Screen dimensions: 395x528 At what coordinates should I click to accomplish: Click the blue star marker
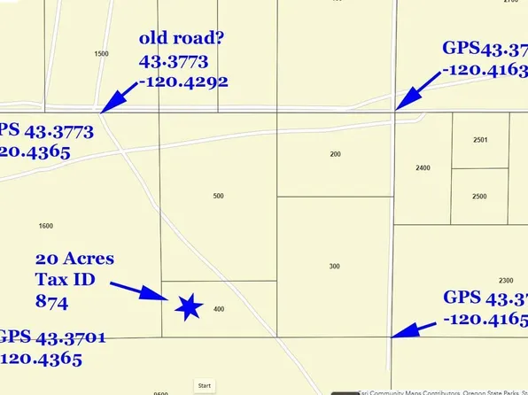pos(189,306)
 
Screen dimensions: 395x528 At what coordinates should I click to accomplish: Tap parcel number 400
pos(219,309)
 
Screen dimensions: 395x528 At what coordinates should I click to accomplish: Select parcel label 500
pos(219,196)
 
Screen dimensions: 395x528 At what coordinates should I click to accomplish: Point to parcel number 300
pos(334,266)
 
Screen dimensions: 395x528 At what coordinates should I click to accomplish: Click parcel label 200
pos(335,154)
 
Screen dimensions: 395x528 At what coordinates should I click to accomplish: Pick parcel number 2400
pos(423,167)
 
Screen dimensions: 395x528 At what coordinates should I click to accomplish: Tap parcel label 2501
pos(480,139)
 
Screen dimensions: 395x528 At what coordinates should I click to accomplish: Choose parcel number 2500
pos(479,196)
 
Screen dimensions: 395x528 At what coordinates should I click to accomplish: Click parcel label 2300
pos(506,255)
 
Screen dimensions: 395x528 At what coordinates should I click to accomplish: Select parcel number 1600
pos(46,226)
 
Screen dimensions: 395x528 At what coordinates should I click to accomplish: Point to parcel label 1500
pos(101,54)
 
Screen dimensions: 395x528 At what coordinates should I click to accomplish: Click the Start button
pos(205,385)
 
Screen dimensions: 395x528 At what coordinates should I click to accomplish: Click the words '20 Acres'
pos(74,259)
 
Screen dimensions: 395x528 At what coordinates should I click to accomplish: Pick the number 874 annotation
pos(51,300)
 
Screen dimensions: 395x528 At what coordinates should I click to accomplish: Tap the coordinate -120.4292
pos(183,81)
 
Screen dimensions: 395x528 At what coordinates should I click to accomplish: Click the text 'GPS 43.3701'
pos(44,337)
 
